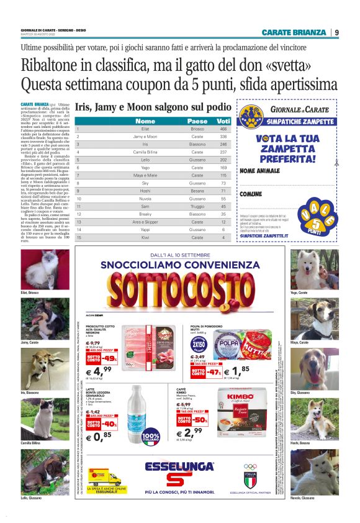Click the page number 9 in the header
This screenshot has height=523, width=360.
[x=336, y=32]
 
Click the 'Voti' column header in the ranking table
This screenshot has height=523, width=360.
[x=223, y=121]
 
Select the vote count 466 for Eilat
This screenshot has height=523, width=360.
[x=223, y=129]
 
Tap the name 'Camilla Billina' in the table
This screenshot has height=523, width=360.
[x=145, y=152]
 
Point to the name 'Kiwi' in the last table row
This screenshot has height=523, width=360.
[x=145, y=237]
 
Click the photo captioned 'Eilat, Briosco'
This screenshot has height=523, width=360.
[x=37, y=269]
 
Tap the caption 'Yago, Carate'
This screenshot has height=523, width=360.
[x=317, y=292]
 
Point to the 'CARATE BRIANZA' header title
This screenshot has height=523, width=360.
[x=294, y=32]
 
